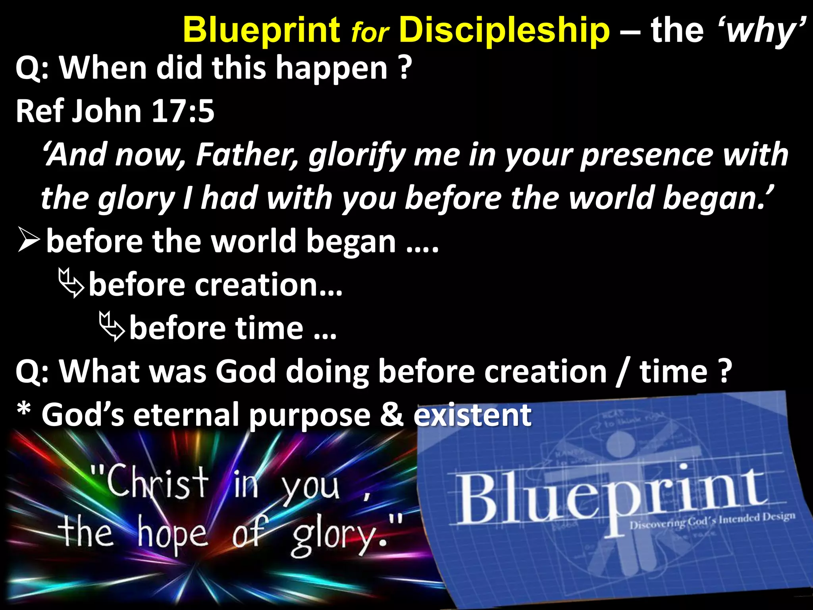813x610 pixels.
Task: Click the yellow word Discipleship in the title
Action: pyautogui.click(x=504, y=30)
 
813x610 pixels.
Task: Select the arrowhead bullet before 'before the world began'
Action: pyautogui.click(x=29, y=241)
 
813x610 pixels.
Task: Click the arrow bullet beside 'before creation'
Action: pyautogui.click(x=71, y=283)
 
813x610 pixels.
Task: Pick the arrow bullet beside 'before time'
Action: pyautogui.click(x=112, y=326)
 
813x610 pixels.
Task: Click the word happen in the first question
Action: pyautogui.click(x=331, y=68)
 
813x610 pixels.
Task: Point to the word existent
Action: pyautogui.click(x=472, y=415)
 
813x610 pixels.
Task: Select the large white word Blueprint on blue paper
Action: pyautogui.click(x=611, y=496)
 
